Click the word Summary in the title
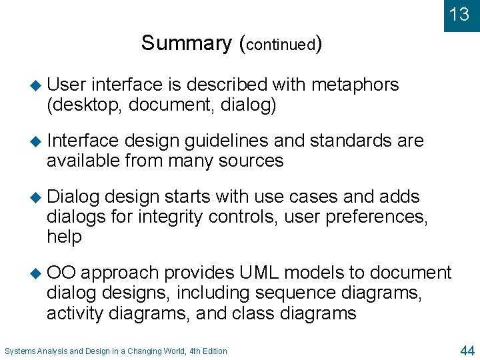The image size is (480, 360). pos(185,43)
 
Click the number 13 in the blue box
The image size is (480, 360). pos(459,15)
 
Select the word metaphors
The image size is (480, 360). pos(355,85)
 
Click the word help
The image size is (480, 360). pos(64,237)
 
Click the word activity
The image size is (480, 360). pos(75,313)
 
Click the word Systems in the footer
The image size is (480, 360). pos(20,351)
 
